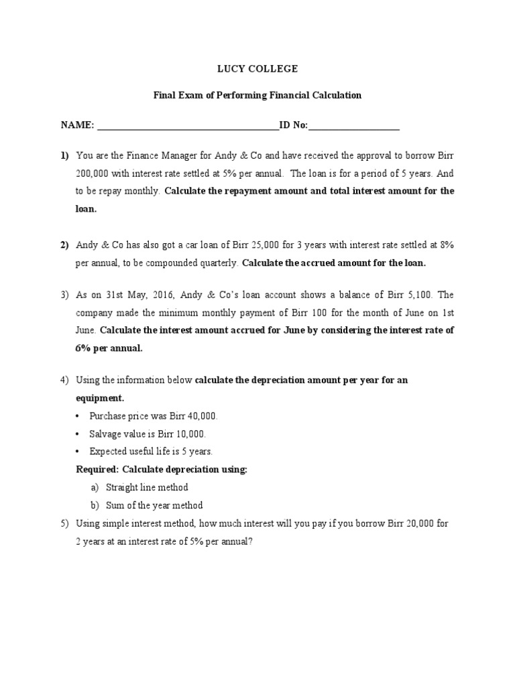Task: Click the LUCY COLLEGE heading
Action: tap(257, 69)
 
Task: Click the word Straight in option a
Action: tap(123, 488)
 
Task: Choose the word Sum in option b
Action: tap(115, 505)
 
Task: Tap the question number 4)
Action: tap(65, 381)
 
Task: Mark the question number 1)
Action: tap(65, 155)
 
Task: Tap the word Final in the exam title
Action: tap(164, 95)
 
